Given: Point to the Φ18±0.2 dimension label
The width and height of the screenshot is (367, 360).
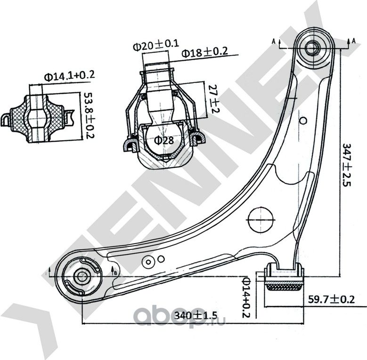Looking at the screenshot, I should click(205, 52).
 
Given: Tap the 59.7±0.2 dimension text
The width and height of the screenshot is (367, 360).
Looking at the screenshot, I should click(331, 299).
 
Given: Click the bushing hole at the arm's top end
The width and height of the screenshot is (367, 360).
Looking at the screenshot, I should click(312, 47).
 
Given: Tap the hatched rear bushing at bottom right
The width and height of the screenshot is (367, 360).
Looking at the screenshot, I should click(285, 285).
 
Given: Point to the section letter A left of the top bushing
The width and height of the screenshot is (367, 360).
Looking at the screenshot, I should click(274, 41).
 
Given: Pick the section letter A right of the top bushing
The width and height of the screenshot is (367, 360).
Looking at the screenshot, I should click(353, 41).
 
